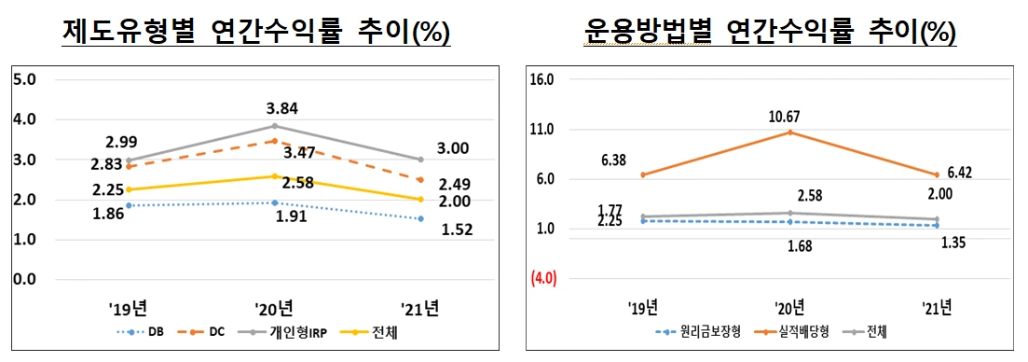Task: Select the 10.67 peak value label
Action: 790,117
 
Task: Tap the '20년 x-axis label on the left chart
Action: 274,307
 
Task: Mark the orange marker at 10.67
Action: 789,132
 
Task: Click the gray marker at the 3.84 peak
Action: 274,126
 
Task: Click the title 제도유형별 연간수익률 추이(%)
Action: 255,33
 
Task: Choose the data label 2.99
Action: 122,143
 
